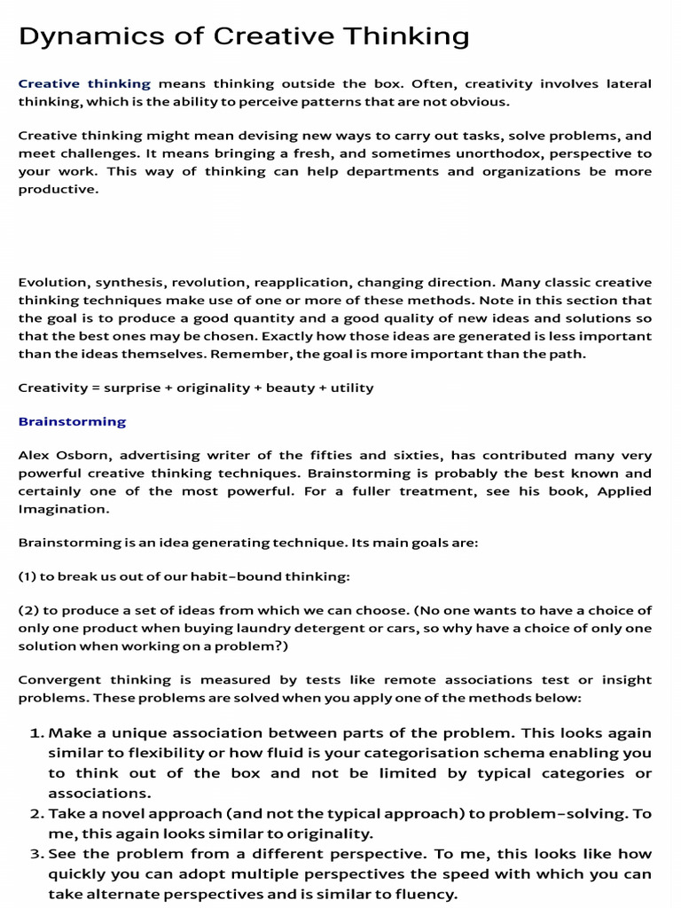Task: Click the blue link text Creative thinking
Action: (x=84, y=84)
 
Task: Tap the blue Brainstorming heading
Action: (x=72, y=421)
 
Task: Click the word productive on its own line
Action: (x=57, y=188)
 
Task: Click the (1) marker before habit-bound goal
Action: (x=27, y=576)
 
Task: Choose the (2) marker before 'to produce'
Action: (x=27, y=611)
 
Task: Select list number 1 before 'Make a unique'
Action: (x=36, y=733)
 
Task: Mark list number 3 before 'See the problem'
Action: (x=36, y=854)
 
